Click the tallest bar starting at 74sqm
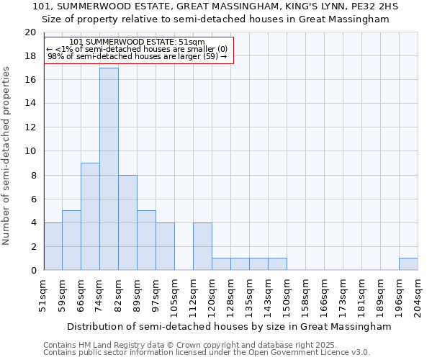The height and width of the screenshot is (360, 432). point(109,169)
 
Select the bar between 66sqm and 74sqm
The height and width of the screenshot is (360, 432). point(90,217)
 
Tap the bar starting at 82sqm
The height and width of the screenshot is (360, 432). point(127,222)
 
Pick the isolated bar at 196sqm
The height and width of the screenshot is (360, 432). point(408,264)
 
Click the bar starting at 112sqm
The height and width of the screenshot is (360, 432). point(202,246)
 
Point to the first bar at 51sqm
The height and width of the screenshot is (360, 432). point(53,246)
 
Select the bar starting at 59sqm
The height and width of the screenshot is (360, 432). point(71,240)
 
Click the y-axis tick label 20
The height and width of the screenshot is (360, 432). point(30,32)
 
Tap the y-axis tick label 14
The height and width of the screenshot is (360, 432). point(30,104)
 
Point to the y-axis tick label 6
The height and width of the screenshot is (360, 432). point(32,199)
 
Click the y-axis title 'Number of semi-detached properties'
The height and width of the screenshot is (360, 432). point(6,156)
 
